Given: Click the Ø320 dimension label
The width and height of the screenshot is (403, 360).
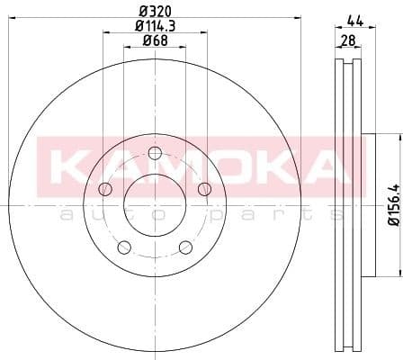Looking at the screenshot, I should click(154, 12).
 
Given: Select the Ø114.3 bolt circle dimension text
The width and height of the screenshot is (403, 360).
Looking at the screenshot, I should click(154, 27).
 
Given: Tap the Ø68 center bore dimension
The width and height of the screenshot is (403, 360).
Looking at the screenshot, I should click(154, 41).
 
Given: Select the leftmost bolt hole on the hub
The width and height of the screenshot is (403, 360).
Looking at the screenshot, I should click(104, 188).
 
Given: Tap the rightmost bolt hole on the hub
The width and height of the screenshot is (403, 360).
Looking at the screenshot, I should click(204, 187).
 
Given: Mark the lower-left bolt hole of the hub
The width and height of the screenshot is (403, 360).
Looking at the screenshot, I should click(123, 247).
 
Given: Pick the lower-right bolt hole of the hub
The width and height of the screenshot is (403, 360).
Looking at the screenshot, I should click(184, 247).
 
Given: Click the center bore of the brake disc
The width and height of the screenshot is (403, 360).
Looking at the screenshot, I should click(154, 203).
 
